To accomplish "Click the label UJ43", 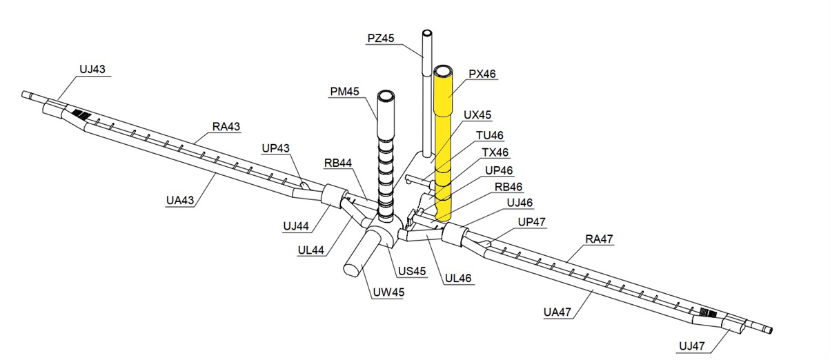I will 92,69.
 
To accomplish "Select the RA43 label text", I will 226,127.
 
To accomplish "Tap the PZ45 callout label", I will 381,39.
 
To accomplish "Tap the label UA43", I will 181,200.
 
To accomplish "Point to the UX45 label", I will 478,114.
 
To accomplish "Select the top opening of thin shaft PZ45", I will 428,33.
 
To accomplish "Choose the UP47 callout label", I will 531,222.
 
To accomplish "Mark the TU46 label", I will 491,135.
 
